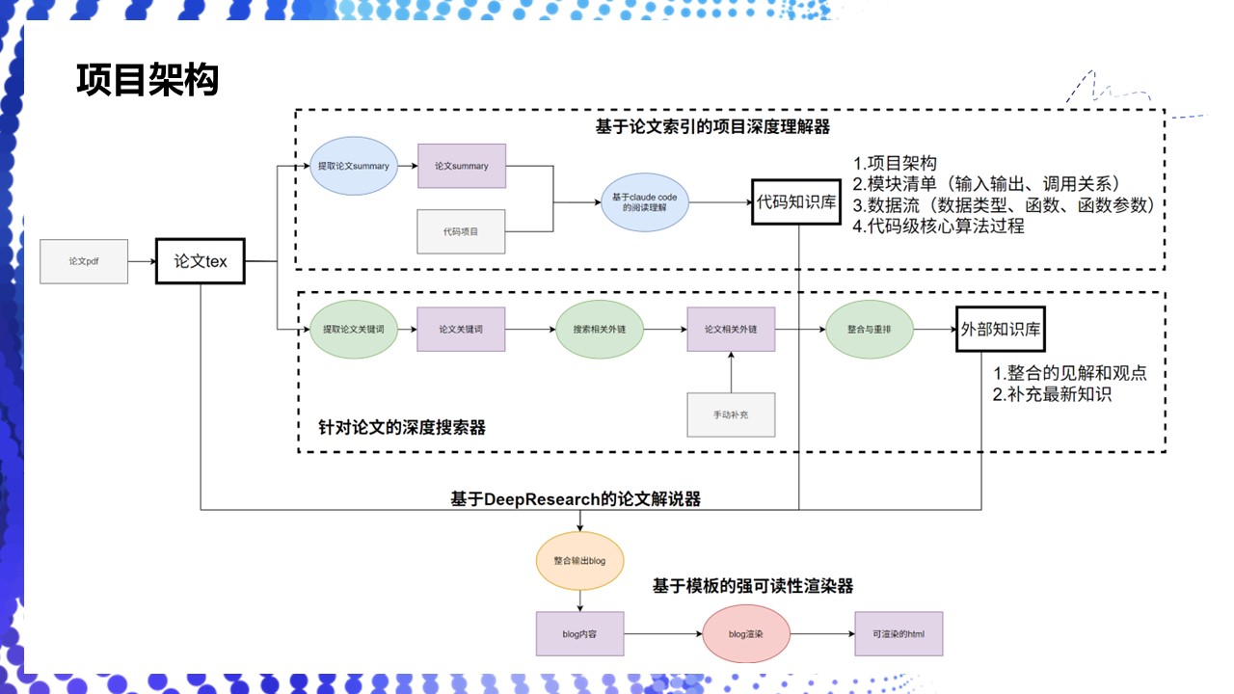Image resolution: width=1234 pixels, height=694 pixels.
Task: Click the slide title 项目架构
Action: click(x=148, y=81)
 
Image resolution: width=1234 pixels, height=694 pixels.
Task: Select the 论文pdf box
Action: click(x=84, y=261)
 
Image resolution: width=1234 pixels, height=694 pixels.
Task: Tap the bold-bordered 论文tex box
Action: click(x=201, y=261)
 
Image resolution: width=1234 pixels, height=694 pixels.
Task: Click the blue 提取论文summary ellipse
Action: click(x=354, y=167)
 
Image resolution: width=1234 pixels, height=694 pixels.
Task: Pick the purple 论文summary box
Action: click(x=461, y=167)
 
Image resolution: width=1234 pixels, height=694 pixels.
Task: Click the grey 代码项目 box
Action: click(x=461, y=231)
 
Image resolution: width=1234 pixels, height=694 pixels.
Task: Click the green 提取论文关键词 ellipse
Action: click(x=354, y=330)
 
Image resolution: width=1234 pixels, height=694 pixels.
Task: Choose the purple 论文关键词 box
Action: click(x=461, y=330)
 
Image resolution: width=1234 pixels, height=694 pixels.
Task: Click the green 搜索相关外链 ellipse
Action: click(x=600, y=330)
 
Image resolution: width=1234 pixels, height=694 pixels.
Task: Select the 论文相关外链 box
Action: click(x=731, y=330)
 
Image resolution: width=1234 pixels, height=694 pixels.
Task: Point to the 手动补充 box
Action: click(x=731, y=414)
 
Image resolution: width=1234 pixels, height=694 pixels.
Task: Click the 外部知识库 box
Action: click(x=1001, y=330)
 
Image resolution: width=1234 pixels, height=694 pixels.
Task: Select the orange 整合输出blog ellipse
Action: click(x=579, y=560)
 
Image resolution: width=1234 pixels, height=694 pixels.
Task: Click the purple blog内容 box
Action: click(x=579, y=634)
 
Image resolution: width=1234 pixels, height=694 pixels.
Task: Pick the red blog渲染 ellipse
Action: click(x=747, y=634)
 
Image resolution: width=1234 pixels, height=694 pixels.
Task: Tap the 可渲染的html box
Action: click(x=898, y=634)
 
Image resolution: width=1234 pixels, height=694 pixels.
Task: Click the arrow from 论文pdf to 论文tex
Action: click(x=142, y=261)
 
